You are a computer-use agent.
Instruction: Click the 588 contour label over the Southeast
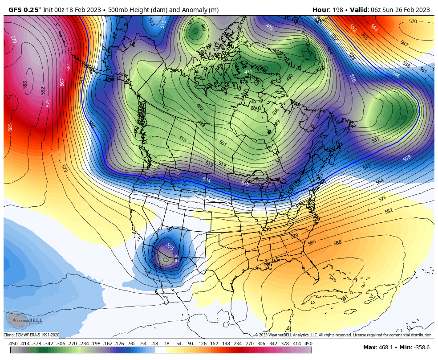337,243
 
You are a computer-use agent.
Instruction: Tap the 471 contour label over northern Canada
248,72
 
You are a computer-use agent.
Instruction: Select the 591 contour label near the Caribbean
344,298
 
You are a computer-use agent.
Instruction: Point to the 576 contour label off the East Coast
382,198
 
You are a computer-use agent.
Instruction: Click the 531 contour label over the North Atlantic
375,140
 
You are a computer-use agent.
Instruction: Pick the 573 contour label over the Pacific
64,168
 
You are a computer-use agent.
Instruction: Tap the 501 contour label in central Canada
223,143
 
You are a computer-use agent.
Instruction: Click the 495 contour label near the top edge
269,27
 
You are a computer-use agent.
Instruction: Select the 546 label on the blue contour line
396,75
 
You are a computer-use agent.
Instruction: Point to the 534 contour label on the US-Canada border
207,180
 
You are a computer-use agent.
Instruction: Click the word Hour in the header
320,10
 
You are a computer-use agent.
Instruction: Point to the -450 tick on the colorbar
13,344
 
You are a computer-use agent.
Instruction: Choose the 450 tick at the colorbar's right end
308,344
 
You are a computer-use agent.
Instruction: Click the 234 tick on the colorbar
238,344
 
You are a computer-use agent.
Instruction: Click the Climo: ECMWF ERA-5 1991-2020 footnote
32,335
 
